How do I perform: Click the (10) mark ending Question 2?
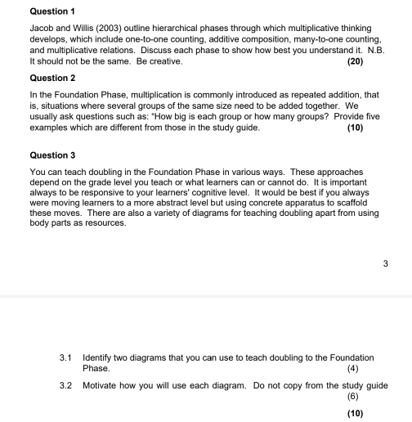(x=355, y=128)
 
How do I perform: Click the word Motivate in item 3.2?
(x=102, y=385)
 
